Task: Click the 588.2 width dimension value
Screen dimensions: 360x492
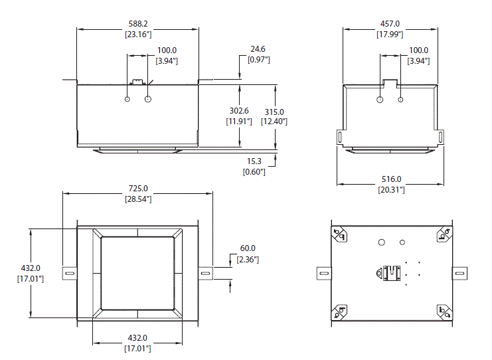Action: point(138,24)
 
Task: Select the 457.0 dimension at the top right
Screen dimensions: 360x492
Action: point(390,24)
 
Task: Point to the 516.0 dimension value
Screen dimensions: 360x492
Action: point(390,179)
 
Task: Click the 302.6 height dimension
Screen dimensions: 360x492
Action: point(238,111)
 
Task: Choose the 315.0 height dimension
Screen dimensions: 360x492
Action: point(274,112)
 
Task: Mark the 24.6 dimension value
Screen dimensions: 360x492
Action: point(258,49)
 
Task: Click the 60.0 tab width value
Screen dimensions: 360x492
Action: point(247,248)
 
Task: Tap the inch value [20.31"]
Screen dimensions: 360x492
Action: point(390,190)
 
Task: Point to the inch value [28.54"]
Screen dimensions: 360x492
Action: point(138,199)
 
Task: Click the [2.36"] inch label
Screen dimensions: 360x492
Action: point(247,259)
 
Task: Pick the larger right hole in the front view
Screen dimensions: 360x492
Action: point(148,100)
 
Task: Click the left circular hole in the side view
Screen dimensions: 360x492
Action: point(379,100)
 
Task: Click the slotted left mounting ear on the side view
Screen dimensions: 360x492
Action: point(341,136)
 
